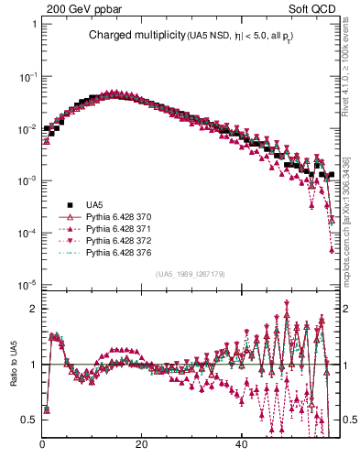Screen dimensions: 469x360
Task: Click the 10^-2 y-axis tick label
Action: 28,129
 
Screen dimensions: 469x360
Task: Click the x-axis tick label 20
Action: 141,445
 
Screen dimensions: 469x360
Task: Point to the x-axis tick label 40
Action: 240,445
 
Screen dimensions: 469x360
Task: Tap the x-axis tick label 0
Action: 43,445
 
